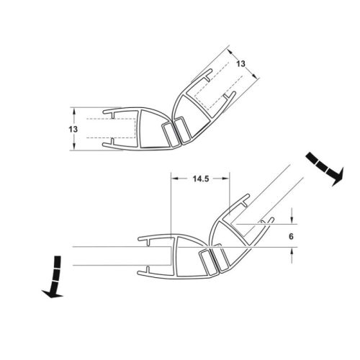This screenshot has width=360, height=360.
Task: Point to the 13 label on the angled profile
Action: click(240, 64)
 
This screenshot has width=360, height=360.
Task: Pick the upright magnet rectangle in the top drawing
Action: click(168, 135)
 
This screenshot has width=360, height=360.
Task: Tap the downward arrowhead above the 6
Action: click(292, 220)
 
